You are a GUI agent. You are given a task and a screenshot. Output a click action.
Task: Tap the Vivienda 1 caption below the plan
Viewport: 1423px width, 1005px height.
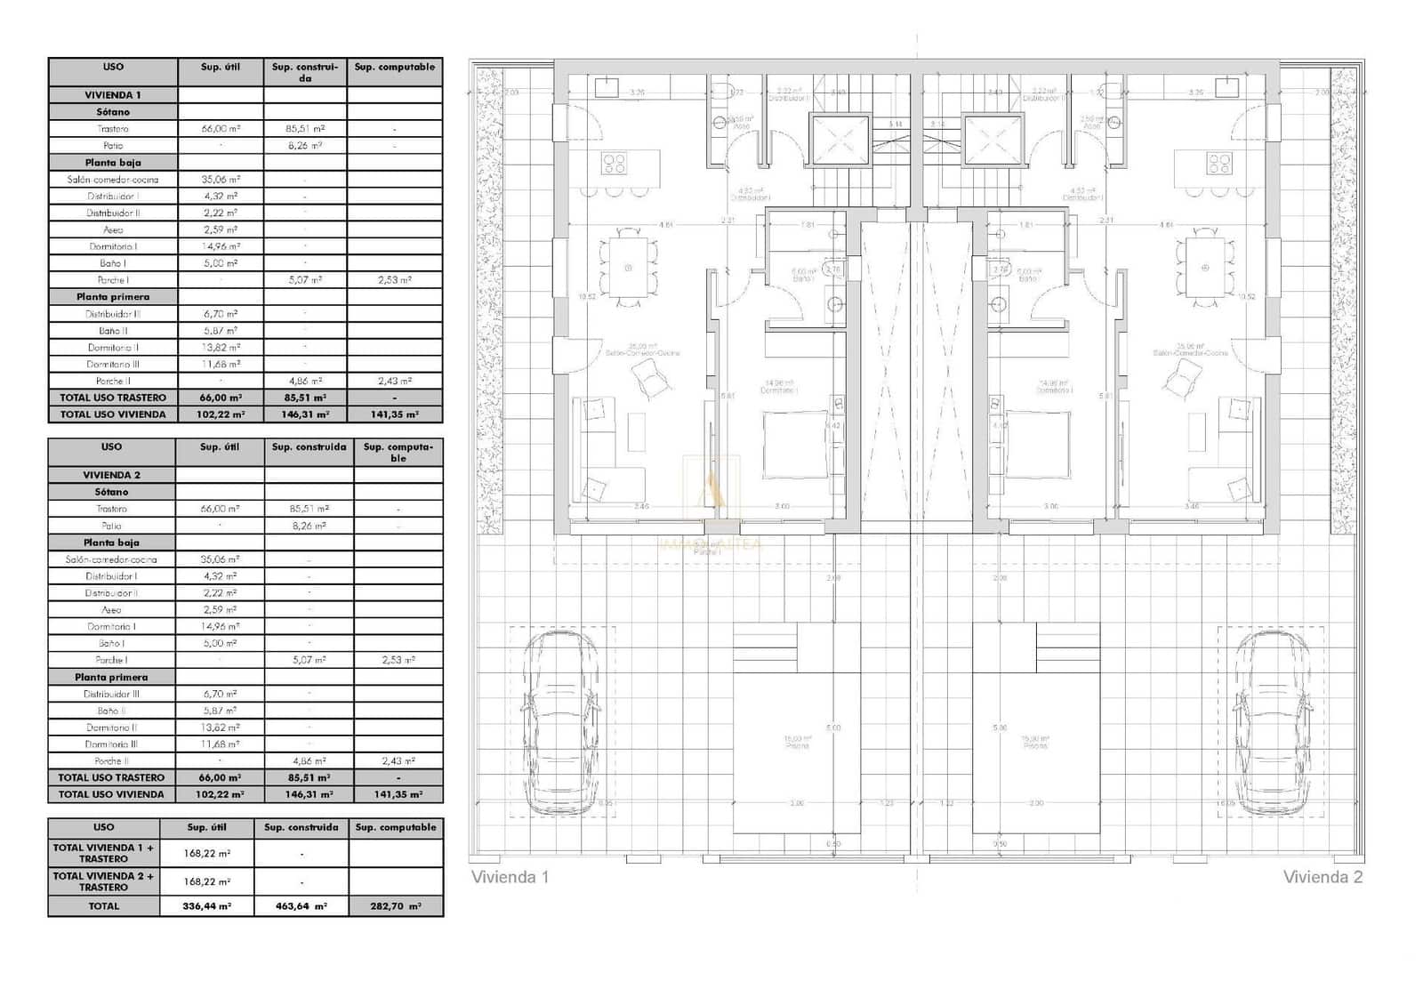[510, 877]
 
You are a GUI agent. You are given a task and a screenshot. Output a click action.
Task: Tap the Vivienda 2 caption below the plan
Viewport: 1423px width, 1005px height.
[1323, 877]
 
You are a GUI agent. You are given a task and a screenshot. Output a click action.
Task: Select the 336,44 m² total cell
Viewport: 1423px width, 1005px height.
[206, 906]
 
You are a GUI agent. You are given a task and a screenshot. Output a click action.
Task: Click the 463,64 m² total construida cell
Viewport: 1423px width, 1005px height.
[301, 906]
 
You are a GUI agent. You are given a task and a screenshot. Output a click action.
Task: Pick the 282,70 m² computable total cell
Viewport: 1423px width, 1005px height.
[396, 906]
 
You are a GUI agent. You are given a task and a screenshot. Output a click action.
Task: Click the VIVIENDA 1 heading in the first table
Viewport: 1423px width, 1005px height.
[113, 95]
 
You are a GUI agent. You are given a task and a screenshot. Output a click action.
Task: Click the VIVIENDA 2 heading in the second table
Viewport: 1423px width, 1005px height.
[112, 475]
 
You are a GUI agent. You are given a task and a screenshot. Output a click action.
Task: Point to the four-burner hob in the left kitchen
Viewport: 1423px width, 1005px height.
[614, 164]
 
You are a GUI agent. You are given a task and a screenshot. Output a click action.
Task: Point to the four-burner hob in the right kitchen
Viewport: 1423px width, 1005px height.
[1219, 164]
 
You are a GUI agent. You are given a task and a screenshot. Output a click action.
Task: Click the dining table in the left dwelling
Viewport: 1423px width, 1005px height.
[629, 268]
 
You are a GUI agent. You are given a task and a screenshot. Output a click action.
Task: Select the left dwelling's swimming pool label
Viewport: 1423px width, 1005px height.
[798, 742]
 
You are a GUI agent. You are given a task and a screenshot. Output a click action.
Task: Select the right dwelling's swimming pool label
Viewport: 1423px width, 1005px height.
[1035, 742]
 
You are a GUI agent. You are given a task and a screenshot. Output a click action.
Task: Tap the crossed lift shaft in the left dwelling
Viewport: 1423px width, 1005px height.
[840, 141]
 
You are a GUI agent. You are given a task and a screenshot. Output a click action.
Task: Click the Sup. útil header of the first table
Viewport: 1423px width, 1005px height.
[221, 68]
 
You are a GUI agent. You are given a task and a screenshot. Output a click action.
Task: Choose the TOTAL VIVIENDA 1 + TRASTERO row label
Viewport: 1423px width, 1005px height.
[103, 854]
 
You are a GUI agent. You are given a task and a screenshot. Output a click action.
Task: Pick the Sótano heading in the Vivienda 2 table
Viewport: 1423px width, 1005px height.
[112, 492]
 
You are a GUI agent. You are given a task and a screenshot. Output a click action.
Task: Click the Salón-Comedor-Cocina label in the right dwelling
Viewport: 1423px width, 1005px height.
[1190, 350]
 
